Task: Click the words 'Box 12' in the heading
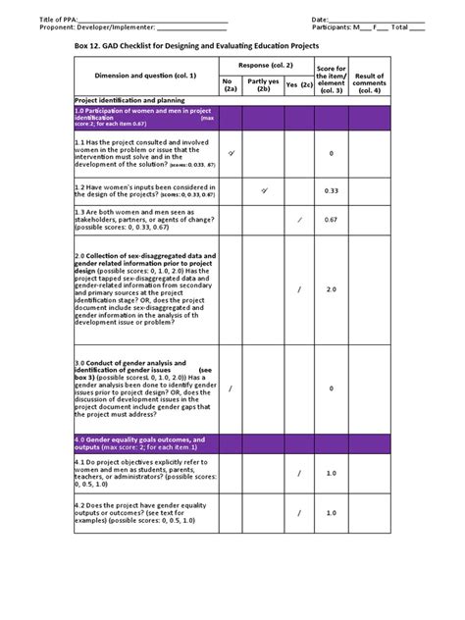[90, 45]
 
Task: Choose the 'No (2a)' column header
[231, 85]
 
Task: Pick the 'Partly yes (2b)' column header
[263, 85]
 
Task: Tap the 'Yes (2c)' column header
[298, 85]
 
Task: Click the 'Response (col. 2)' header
[265, 64]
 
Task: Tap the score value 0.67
[332, 221]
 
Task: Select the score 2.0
[332, 289]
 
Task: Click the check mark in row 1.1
[232, 154]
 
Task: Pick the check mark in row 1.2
[264, 190]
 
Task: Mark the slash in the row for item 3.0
[232, 388]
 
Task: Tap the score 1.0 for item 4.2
[332, 512]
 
